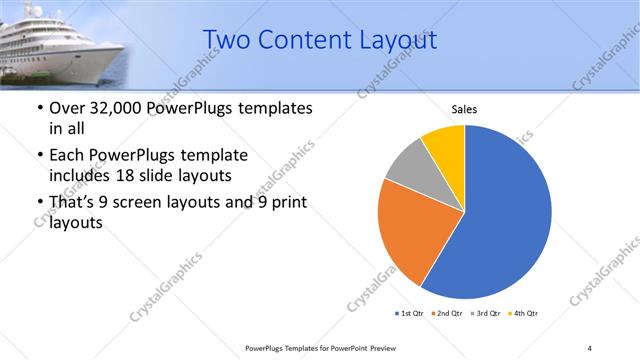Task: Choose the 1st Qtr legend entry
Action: [410, 314]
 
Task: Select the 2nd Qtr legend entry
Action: [448, 314]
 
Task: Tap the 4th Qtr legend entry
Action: [524, 314]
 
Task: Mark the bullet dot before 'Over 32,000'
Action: [39, 109]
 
